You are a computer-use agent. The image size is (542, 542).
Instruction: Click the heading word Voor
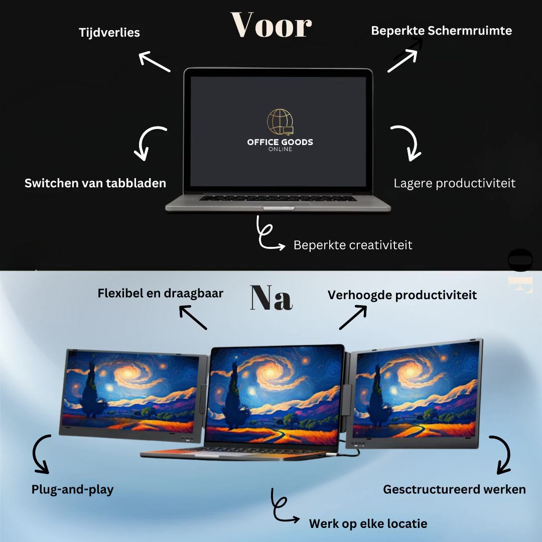(272, 25)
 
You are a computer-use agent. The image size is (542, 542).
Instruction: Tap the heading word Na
(272, 297)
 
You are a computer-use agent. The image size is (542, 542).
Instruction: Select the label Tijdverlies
(109, 33)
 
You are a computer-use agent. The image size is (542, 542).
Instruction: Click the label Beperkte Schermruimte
(442, 31)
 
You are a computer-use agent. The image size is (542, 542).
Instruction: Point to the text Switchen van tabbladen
(95, 183)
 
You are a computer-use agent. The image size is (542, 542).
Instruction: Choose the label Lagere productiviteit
(455, 183)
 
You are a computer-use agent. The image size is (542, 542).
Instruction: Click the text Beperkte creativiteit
(353, 245)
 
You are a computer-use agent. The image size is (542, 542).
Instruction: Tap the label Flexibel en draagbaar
(161, 293)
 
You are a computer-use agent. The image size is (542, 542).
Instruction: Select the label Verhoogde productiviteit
(402, 295)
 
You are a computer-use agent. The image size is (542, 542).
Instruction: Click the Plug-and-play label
(73, 489)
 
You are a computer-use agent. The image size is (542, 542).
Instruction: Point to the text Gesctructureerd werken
(455, 489)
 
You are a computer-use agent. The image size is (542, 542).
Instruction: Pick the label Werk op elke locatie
(368, 523)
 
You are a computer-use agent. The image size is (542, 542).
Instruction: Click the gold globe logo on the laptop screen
(280, 121)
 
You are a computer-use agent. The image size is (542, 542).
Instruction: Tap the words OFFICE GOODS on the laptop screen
(280, 142)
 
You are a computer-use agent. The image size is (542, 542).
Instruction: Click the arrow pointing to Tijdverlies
(154, 61)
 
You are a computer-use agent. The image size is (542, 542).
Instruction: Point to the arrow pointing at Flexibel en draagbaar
(193, 317)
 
